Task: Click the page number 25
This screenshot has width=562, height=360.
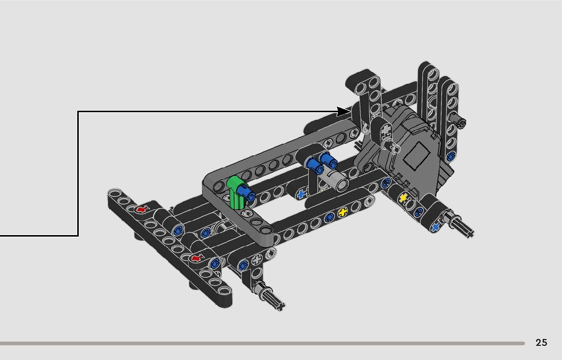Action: [541, 342]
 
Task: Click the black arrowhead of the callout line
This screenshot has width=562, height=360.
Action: [344, 111]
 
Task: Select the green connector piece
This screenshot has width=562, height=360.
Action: [235, 192]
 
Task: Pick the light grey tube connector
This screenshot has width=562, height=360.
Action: [336, 179]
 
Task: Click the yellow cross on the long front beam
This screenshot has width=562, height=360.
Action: [342, 212]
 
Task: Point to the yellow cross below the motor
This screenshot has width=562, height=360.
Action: [403, 198]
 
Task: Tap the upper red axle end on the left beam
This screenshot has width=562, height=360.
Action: [140, 210]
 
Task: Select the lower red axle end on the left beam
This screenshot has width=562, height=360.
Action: [195, 258]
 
